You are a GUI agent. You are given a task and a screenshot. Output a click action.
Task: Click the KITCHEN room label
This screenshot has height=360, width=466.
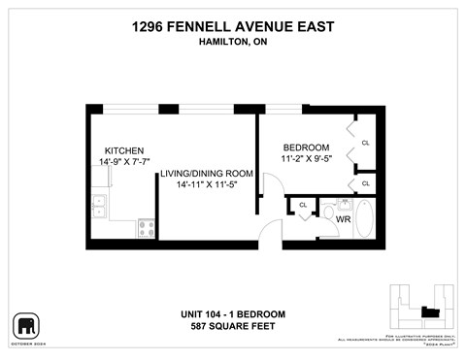(x=125, y=151)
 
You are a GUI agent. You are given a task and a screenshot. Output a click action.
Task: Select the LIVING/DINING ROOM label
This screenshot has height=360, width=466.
(x=207, y=174)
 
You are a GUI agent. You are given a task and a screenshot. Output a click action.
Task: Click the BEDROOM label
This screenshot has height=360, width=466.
(x=305, y=147)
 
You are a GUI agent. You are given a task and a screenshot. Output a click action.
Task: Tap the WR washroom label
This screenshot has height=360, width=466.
(x=343, y=219)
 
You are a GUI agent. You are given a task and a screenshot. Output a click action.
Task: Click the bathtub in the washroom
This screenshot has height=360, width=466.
(x=365, y=219)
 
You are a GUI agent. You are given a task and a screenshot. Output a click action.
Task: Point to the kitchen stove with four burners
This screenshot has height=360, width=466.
(x=148, y=229)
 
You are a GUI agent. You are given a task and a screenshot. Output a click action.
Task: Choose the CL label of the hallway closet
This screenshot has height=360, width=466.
(x=303, y=205)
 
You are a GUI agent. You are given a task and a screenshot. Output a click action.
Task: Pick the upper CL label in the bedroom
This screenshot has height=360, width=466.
(x=365, y=143)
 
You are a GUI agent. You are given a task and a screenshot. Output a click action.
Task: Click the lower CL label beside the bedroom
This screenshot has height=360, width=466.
(x=365, y=182)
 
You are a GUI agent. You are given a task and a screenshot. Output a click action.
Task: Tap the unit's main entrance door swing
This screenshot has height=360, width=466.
(x=271, y=231)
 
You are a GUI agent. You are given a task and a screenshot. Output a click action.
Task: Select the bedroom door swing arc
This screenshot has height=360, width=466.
(x=271, y=185)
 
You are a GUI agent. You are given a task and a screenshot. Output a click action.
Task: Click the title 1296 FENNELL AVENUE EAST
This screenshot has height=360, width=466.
(x=233, y=28)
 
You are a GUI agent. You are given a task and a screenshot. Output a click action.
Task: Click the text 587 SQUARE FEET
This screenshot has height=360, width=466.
(x=233, y=327)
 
